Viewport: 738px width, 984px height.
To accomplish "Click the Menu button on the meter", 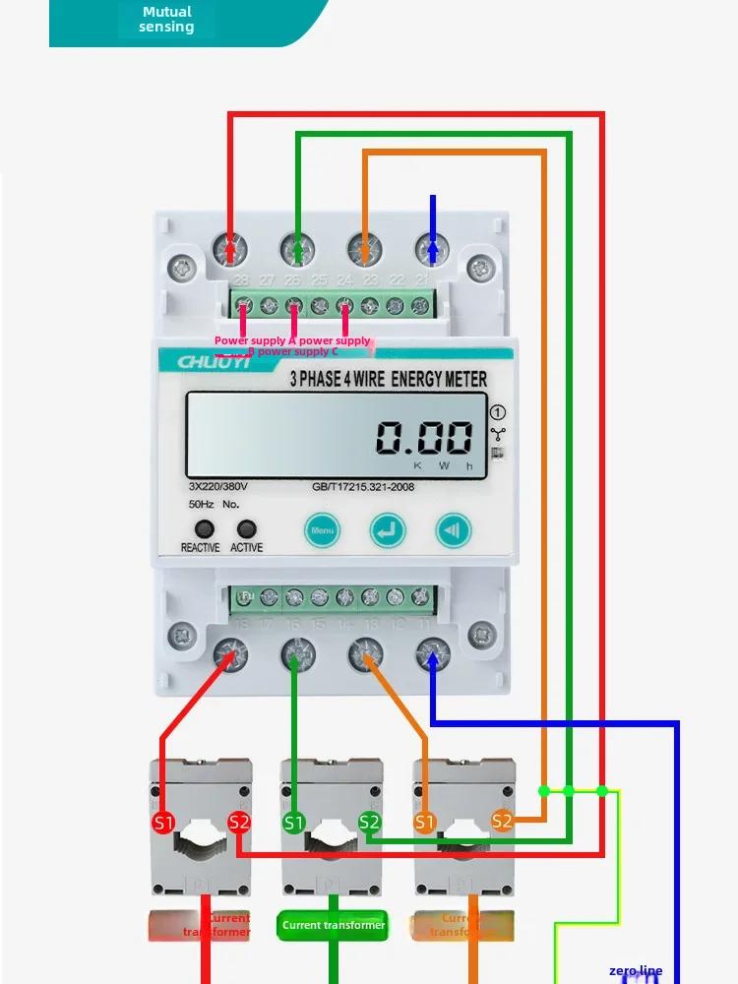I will point(322,530).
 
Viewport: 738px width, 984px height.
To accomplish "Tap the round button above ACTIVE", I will point(246,528).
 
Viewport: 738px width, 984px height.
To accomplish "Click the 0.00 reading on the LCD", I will point(425,437).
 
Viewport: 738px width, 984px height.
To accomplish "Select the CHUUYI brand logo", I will point(215,361).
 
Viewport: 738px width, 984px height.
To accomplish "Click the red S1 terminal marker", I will point(163,822).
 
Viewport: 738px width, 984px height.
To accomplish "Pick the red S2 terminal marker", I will point(239,822).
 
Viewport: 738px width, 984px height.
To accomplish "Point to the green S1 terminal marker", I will point(294,822).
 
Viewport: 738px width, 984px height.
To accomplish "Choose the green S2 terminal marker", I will point(369,822).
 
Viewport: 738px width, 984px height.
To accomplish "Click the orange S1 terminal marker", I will point(425,822).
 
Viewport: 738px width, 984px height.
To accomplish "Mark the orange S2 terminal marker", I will point(502,821).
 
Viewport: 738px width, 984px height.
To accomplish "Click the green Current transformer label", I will point(334,925).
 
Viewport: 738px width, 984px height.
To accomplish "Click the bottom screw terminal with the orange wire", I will point(365,653).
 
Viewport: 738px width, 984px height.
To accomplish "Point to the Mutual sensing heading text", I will point(166,20).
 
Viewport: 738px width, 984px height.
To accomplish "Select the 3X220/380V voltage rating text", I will point(217,486).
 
